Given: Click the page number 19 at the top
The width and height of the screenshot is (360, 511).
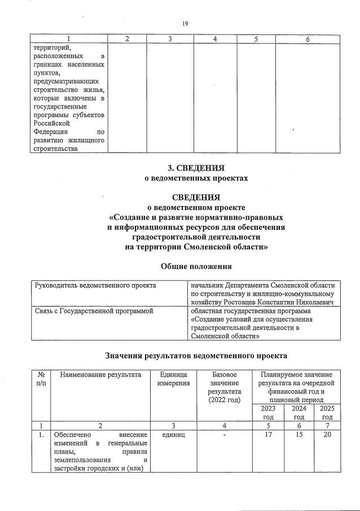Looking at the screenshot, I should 185,23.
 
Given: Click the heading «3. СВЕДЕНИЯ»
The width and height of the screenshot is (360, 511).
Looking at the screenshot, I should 195,168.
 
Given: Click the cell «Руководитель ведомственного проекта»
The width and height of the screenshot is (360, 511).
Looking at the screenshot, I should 95,286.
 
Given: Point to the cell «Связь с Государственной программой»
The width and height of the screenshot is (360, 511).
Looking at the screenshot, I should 94,311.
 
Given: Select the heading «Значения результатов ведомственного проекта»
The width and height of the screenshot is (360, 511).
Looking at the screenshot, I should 196,356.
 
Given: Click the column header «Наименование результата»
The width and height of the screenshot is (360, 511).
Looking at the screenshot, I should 100,375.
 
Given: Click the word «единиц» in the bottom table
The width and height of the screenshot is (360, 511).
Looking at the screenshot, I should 168,435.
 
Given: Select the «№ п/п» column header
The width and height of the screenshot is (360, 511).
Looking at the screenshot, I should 41,379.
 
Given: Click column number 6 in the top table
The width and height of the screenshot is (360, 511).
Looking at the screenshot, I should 308,38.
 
